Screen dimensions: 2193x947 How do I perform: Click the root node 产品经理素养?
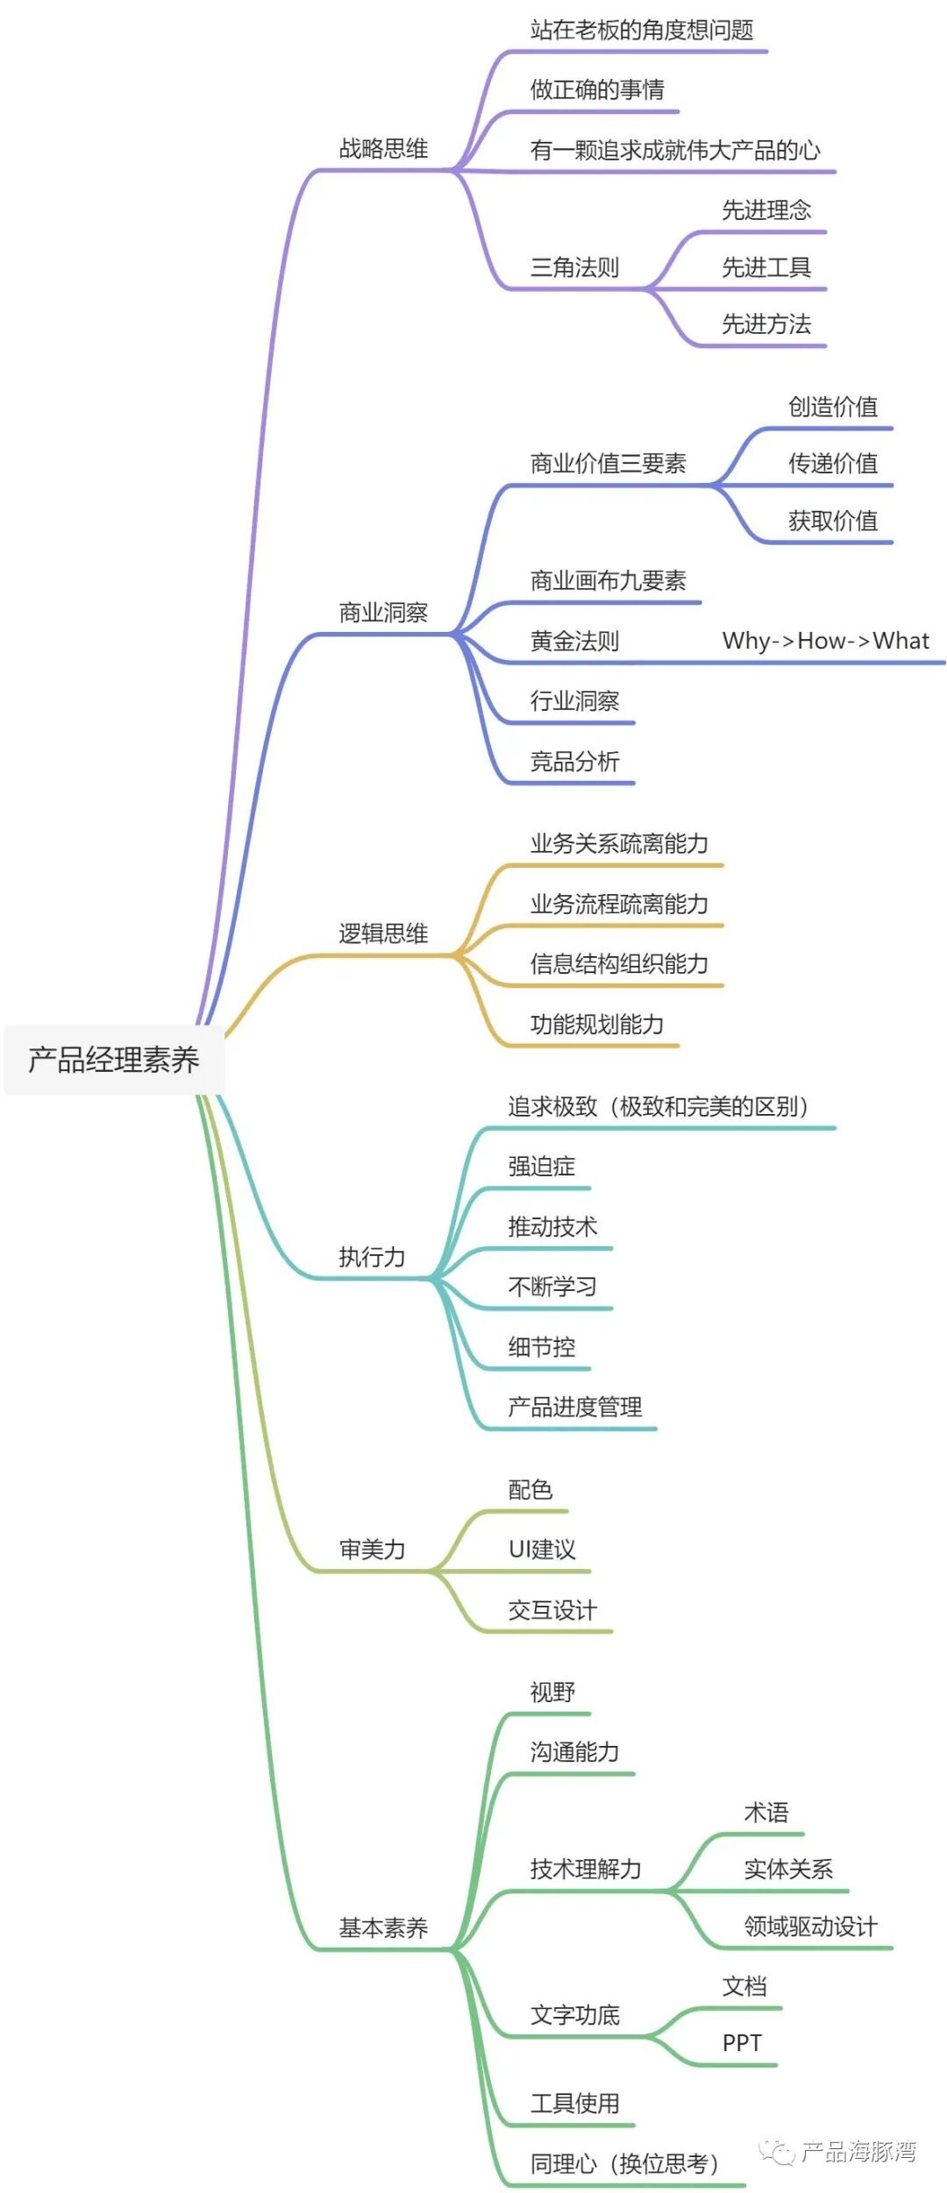[114, 1060]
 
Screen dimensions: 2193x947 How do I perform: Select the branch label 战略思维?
[383, 149]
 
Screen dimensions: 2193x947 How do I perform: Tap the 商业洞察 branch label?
[383, 613]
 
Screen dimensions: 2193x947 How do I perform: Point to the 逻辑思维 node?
[383, 933]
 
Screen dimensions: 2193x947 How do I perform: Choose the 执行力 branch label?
[372, 1257]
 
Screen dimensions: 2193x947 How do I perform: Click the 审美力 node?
[372, 1550]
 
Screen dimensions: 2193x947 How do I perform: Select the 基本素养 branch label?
[383, 1928]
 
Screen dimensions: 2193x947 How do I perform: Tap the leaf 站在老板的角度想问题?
[642, 31]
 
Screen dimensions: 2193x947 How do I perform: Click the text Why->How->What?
[825, 641]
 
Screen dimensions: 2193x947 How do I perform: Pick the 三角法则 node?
[574, 267]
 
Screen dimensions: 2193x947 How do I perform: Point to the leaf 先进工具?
[766, 267]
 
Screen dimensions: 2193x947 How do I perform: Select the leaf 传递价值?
[833, 464]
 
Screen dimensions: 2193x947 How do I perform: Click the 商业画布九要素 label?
[608, 580]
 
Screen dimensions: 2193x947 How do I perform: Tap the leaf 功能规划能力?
[597, 1024]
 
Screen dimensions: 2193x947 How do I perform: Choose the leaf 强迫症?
[542, 1167]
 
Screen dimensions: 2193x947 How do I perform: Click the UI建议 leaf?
[542, 1550]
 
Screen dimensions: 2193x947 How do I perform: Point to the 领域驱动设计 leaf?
[810, 1927]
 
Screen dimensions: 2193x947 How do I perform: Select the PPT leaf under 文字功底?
[742, 2043]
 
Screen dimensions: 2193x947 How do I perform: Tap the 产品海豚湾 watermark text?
[858, 2151]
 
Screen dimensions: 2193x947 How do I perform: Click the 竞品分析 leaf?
[574, 761]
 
